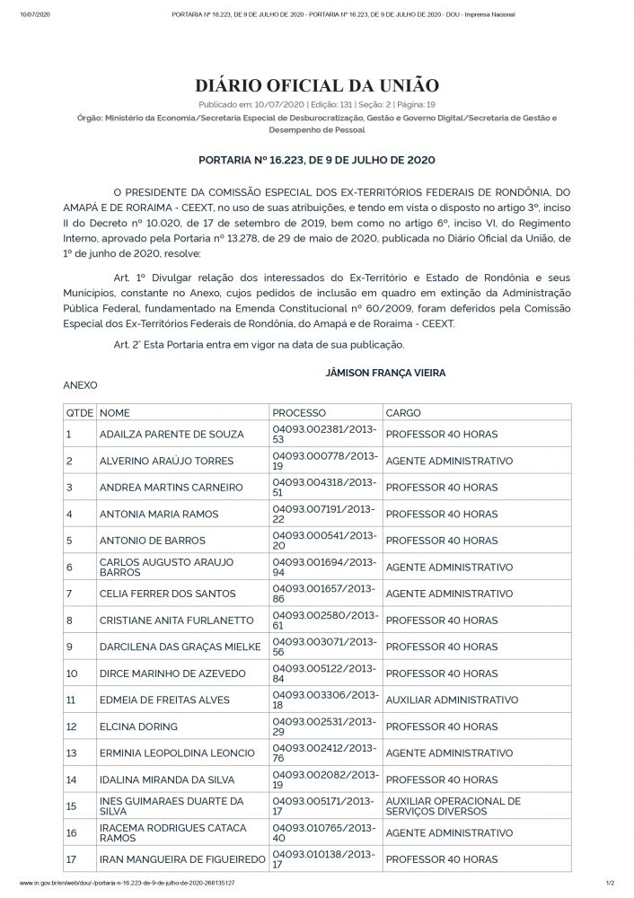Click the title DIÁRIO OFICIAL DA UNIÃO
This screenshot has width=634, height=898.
point(317,85)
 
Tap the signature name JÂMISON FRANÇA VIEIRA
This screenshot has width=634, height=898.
point(386,371)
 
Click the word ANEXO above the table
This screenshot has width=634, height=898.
point(79,383)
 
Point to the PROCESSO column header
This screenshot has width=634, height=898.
point(300,412)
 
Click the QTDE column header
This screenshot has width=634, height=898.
point(79,412)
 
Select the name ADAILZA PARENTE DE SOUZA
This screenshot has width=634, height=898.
point(171,435)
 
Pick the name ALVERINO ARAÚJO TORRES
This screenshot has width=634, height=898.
point(166,461)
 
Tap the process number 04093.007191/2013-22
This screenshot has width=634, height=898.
point(325,515)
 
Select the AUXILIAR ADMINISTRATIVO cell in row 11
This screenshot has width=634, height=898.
point(451,700)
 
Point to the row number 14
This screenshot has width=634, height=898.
point(71,779)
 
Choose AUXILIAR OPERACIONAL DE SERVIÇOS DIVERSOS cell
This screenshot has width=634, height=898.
point(452,806)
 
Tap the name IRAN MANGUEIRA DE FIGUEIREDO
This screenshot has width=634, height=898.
point(182,859)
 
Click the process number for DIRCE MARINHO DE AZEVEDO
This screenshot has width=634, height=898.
point(325,673)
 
